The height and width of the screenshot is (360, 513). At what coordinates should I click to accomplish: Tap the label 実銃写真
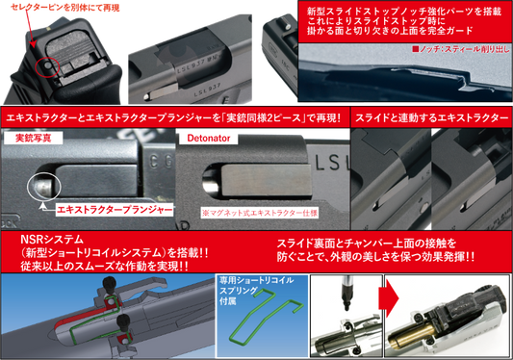(x=38, y=139)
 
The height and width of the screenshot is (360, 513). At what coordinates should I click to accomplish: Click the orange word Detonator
(x=206, y=139)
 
